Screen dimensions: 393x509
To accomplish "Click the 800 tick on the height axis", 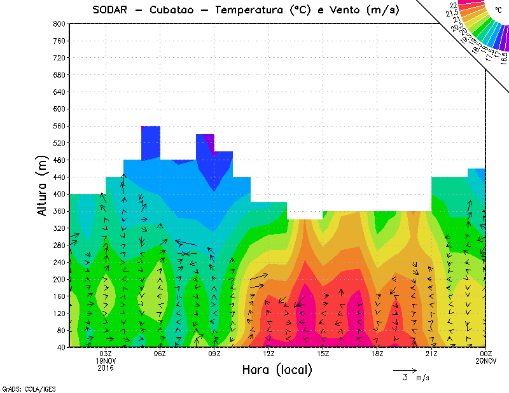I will click(59, 24).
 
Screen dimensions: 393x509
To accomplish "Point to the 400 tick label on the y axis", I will click(59, 195).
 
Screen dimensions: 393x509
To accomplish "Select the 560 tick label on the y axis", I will click(59, 126).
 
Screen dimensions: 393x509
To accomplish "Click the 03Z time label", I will click(106, 354).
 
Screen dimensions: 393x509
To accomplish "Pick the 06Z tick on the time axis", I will click(160, 354).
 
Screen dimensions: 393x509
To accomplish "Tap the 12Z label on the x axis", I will click(268, 354).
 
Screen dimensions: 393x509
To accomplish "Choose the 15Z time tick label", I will click(323, 354).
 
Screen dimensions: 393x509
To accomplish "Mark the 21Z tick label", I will click(431, 354).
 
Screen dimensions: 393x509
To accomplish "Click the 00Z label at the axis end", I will click(486, 354).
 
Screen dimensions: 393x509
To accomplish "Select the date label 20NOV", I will click(486, 361).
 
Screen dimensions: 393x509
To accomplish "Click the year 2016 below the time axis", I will click(106, 368).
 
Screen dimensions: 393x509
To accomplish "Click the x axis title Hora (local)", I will click(277, 370).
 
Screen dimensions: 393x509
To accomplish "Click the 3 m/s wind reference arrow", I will click(405, 369).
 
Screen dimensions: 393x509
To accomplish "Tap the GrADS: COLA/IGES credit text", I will click(22, 387).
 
